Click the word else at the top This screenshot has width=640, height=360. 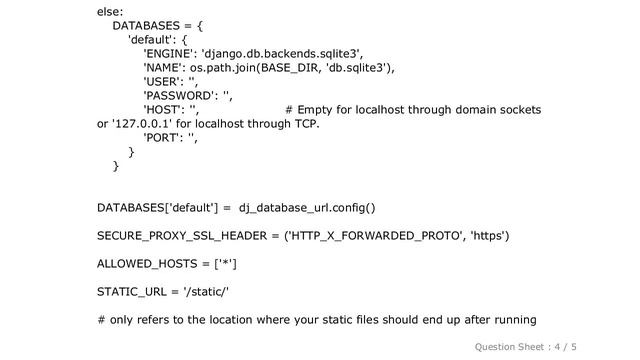[x=109, y=11]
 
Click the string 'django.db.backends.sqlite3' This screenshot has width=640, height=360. [x=283, y=54]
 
